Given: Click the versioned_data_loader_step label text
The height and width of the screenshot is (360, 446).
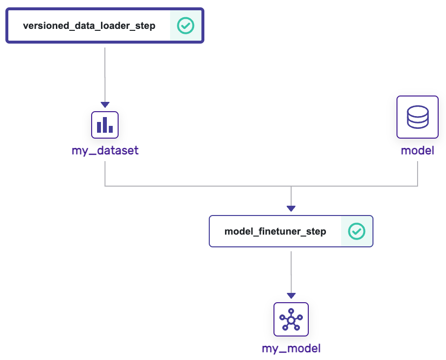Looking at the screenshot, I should (x=89, y=26).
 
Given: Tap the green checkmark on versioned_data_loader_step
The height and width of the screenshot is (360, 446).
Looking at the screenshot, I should (x=186, y=25).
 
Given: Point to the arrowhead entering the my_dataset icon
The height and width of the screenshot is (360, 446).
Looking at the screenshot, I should (x=105, y=105).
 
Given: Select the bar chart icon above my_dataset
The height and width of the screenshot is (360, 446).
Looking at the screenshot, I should (x=105, y=125).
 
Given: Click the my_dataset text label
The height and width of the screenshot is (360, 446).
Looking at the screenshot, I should (x=105, y=150).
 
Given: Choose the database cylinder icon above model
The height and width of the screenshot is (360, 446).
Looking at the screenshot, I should (x=418, y=118).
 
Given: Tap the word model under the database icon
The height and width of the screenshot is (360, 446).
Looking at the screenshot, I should (x=418, y=150).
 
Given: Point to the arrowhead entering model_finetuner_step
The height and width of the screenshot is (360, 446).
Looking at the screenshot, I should (x=291, y=209).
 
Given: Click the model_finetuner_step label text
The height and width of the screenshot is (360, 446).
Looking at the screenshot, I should (x=275, y=231).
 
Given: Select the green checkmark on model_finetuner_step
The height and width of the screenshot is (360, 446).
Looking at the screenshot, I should (x=356, y=231).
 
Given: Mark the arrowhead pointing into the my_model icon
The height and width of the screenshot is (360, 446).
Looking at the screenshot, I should (x=291, y=296).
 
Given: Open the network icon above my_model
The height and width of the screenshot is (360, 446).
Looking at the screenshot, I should (x=291, y=319).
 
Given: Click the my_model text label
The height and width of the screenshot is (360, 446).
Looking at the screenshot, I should (x=291, y=349).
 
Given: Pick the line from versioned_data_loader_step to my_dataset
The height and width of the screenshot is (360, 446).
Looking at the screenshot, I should (x=105, y=73).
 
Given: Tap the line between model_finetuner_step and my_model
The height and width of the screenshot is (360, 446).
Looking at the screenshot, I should (x=291, y=272).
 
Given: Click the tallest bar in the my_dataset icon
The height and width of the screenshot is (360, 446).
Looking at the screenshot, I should (x=105, y=125).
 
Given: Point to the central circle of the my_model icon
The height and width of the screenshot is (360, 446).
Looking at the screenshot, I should (x=291, y=320).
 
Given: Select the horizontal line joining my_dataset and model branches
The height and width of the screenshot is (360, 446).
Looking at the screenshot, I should (x=196, y=186).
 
